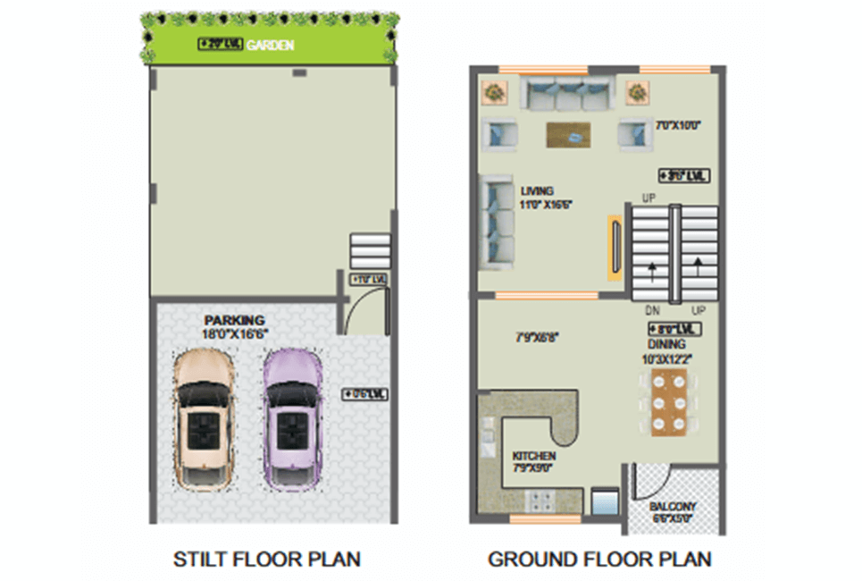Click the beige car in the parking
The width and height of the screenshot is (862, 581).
[204, 417]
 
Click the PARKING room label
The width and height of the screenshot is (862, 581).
[234, 320]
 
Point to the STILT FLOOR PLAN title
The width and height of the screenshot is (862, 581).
[266, 560]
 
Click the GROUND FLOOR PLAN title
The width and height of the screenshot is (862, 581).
[599, 560]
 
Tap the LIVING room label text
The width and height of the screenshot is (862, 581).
[538, 190]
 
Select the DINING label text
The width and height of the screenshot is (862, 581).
[667, 344]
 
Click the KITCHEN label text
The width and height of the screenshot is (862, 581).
[534, 456]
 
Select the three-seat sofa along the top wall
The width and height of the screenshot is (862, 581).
[566, 93]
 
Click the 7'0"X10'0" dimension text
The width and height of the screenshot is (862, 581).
[677, 126]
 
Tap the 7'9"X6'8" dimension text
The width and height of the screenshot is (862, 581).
[540, 338]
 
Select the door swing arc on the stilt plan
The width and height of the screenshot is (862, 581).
[364, 312]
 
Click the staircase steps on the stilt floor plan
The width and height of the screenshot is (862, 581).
[370, 251]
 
